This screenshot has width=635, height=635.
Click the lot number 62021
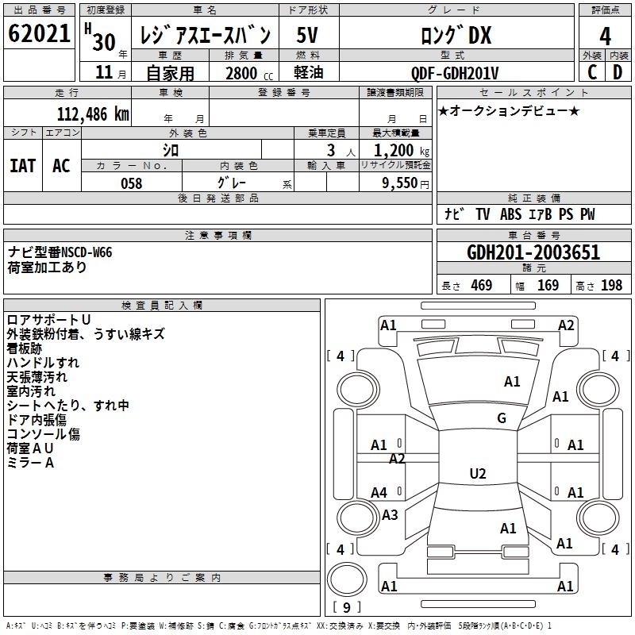click(39, 33)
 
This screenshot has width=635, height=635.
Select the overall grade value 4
click(605, 37)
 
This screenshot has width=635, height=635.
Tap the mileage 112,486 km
click(93, 114)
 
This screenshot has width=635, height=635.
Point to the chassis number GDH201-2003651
click(533, 252)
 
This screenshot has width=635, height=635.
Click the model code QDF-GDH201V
click(455, 73)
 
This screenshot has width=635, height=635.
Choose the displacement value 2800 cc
click(249, 73)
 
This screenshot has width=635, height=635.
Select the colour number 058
click(132, 183)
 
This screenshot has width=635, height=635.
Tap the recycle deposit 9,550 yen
click(406, 183)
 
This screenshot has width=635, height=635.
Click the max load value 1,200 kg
click(402, 151)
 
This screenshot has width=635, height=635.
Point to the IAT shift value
click(23, 166)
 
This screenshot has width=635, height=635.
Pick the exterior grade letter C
click(592, 72)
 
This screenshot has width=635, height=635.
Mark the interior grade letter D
click(618, 72)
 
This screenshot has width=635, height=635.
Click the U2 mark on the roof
click(478, 473)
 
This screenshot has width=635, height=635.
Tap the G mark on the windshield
click(502, 418)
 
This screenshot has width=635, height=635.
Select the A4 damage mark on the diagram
click(379, 493)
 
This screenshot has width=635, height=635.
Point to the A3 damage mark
click(390, 514)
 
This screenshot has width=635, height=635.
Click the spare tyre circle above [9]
click(347, 579)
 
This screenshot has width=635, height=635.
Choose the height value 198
click(611, 285)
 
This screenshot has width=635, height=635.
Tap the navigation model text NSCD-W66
click(87, 252)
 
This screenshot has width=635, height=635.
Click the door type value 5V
click(307, 35)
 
